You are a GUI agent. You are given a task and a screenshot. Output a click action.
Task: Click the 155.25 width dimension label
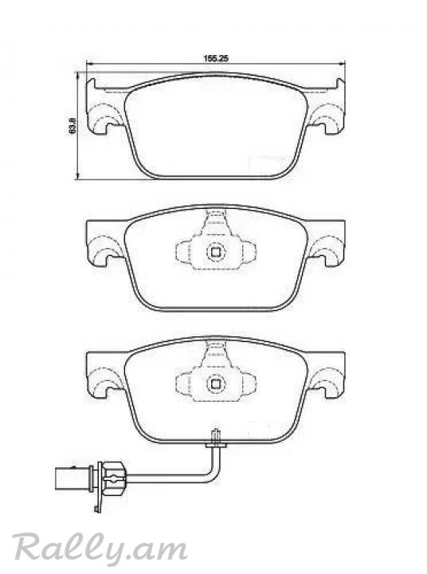click(x=216, y=58)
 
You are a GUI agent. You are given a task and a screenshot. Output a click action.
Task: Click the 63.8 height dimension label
click(x=72, y=125)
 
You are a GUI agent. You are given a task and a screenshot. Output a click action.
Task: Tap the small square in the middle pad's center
click(x=215, y=252)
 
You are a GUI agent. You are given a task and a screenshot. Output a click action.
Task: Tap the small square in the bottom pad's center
click(x=215, y=383)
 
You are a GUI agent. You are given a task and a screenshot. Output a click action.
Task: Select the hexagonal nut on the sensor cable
click(x=113, y=478)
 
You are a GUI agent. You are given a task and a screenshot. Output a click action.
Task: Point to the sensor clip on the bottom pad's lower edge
click(x=216, y=440)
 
